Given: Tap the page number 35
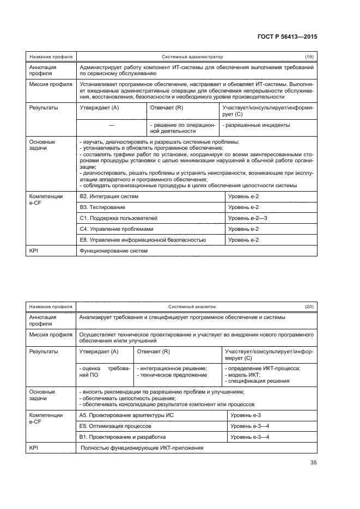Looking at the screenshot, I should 313,463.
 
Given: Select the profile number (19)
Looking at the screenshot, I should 309,57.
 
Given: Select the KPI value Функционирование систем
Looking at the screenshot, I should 114,251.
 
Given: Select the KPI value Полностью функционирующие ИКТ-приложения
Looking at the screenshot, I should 142,448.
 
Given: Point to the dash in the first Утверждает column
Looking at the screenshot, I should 111,126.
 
